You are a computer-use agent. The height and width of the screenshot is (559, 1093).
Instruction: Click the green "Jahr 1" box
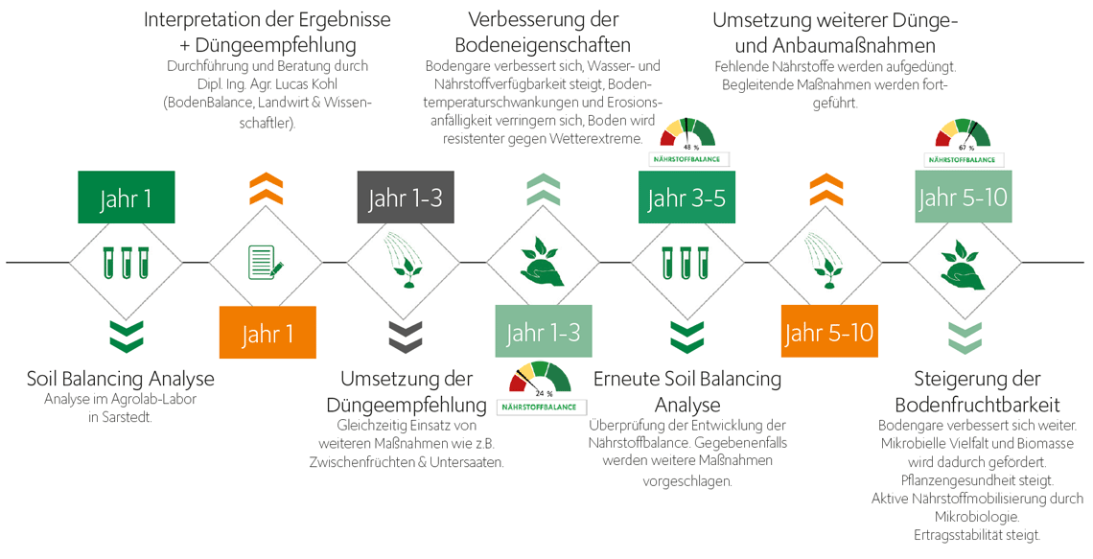pos(126,198)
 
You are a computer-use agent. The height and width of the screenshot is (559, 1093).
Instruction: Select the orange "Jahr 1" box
pos(267,333)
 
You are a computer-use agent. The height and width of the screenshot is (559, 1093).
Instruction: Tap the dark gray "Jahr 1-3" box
pos(405,198)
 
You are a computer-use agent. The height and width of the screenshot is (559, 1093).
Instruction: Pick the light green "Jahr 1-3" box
pos(543,333)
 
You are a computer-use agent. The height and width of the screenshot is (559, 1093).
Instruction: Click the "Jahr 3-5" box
pos(686,198)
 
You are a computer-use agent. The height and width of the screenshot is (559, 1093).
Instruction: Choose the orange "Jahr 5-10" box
pos(828,333)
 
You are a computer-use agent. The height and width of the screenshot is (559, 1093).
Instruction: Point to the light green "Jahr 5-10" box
pos(963,198)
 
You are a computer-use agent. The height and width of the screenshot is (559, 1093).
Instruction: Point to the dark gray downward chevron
pos(405,336)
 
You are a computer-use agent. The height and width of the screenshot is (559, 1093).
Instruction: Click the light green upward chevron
pos(544,189)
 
